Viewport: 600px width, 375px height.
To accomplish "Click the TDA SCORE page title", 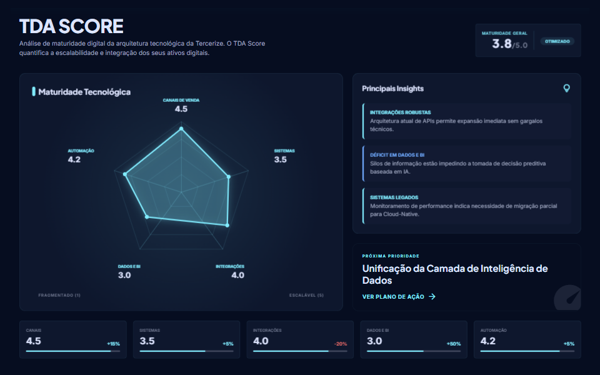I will pos(71,26).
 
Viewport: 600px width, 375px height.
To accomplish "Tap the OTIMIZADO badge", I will pos(557,41).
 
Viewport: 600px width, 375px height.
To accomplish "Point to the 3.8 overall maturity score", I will pos(502,44).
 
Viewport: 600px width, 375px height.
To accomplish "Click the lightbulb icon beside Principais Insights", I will pos(567,88).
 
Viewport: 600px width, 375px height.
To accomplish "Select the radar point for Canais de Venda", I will pos(181,129).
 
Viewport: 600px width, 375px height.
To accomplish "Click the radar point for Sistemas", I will pos(229,176).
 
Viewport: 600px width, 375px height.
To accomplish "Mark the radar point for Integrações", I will pos(227,225).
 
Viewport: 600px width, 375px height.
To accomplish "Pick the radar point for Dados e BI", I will pos(147,217).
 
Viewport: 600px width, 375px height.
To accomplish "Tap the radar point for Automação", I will pos(126,174).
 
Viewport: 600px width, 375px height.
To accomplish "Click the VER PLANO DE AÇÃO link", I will pos(399,296).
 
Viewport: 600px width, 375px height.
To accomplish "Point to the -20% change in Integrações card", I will pos(341,344).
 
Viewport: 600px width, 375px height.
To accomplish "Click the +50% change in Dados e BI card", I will pos(453,344).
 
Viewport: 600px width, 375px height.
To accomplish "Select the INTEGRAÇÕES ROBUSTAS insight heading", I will pos(400,112).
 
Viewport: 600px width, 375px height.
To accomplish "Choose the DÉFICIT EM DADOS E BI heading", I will pos(397,154).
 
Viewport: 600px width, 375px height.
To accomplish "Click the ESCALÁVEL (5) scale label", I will pos(306,295).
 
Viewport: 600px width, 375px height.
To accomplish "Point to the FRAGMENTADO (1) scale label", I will pos(59,295).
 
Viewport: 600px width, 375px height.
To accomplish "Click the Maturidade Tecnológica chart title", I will pos(84,92).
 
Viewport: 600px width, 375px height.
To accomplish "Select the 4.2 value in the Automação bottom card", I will pos(489,341).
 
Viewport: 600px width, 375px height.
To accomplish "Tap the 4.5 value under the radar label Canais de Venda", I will pos(181,109).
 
